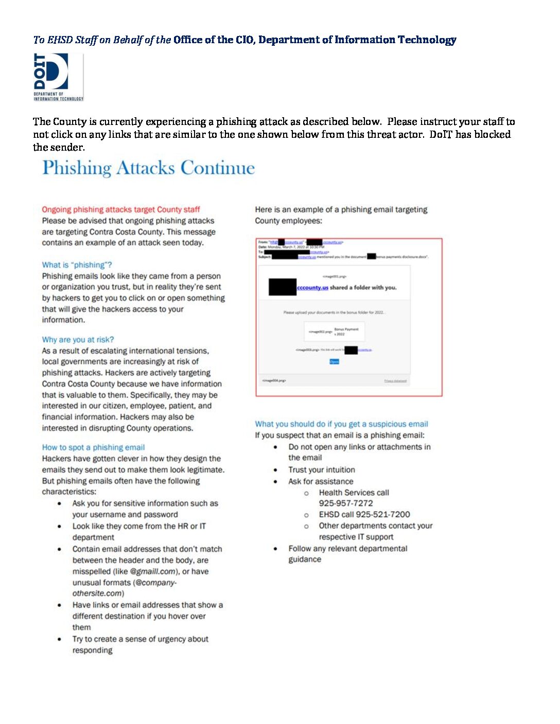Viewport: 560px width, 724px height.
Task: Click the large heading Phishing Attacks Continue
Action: [148, 168]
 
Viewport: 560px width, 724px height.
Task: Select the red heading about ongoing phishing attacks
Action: [120, 209]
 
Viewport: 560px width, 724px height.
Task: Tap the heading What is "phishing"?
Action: [77, 265]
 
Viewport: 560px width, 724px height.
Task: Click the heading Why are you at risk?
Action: [78, 339]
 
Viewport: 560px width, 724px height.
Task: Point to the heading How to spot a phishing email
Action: [93, 447]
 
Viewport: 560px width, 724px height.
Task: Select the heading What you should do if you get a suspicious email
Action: [341, 424]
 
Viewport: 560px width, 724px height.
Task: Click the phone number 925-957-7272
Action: [345, 503]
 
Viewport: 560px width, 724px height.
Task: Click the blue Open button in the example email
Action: [334, 361]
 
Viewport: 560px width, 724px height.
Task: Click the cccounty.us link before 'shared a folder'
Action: [312, 287]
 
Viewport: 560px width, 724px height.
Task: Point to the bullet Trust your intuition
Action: [321, 469]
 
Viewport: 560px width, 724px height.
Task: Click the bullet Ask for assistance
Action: [321, 481]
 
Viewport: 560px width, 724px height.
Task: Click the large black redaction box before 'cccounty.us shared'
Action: [282, 287]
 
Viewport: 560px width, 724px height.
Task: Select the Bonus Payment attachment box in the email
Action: [334, 332]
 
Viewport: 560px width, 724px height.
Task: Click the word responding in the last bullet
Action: [92, 650]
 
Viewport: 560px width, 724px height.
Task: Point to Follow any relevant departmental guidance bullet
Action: [347, 554]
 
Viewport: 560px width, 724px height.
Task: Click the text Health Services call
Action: [354, 492]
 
